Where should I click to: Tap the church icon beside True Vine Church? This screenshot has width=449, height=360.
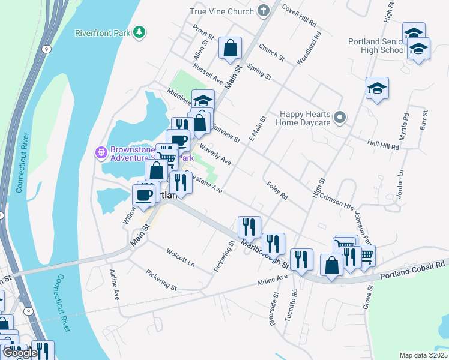tap(263, 11)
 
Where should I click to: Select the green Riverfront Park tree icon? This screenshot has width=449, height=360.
tap(139, 32)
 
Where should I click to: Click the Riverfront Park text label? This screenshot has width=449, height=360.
tap(102, 33)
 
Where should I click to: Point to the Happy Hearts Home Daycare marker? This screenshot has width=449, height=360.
tap(340, 117)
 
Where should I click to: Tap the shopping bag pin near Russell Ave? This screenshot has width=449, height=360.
tap(230, 49)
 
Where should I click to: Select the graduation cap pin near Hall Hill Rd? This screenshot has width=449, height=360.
tap(376, 89)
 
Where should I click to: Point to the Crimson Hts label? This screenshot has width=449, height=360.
tap(336, 200)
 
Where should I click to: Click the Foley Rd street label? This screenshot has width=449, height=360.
tap(277, 191)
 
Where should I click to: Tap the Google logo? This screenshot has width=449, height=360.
tap(20, 353)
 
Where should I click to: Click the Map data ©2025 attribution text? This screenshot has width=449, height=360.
tap(423, 355)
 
